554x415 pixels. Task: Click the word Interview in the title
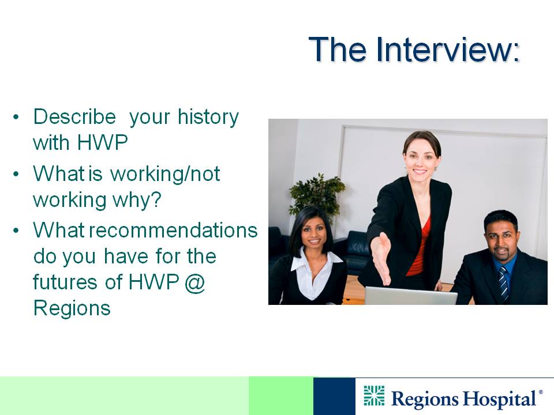click(x=448, y=50)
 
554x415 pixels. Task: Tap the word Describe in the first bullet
click(x=74, y=116)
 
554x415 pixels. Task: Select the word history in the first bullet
click(x=208, y=118)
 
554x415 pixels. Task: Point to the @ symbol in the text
click(x=194, y=283)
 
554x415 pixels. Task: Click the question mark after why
click(x=156, y=200)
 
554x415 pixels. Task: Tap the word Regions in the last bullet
click(x=72, y=309)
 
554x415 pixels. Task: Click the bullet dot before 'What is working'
click(x=16, y=174)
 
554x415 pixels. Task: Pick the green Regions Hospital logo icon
click(x=374, y=395)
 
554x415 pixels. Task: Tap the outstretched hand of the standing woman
click(x=381, y=257)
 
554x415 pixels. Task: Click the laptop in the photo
click(x=411, y=296)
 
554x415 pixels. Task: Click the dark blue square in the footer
click(x=334, y=396)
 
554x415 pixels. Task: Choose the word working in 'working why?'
click(x=70, y=201)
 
